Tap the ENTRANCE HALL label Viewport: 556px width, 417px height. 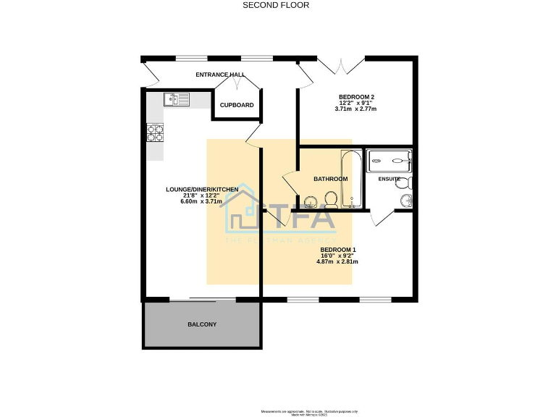tap(220, 75)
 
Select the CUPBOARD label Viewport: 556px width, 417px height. tap(237, 106)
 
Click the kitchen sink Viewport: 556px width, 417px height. tap(176, 99)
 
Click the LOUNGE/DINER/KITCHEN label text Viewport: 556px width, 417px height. tap(202, 190)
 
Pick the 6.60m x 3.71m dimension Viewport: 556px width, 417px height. tap(202, 201)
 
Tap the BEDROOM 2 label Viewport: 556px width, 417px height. tap(356, 97)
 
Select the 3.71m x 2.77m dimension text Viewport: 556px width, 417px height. tap(356, 109)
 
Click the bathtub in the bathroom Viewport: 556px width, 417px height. tap(351, 178)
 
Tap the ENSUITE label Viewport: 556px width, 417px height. tap(389, 179)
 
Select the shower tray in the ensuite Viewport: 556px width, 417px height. tap(389, 160)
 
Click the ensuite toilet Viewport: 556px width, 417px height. tap(403, 182)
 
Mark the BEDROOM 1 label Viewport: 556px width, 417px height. tap(338, 250)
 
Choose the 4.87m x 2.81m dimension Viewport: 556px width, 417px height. tap(338, 261)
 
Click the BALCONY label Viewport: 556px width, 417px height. tap(202, 324)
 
